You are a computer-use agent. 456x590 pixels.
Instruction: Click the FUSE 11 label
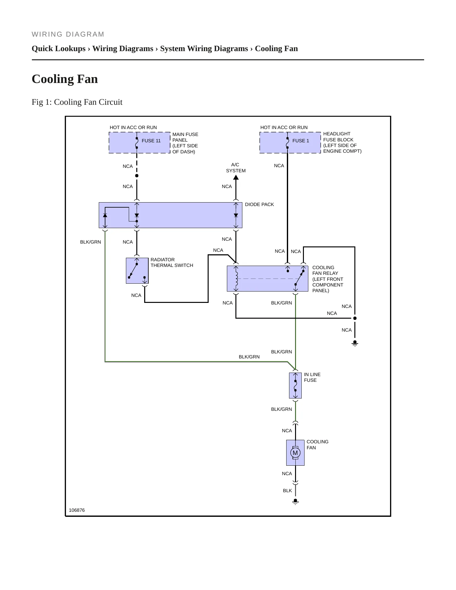coord(151,141)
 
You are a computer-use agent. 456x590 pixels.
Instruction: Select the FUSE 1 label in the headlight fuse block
coord(301,141)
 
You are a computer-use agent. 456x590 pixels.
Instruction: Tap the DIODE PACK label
coord(259,204)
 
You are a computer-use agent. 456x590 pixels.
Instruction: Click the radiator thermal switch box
coord(137,271)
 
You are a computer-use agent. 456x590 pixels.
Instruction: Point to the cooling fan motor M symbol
coord(295,453)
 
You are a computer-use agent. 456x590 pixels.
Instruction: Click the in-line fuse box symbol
coord(295,386)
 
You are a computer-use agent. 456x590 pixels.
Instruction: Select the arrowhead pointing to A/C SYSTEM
coord(236,177)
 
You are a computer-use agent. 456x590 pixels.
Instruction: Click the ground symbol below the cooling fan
coord(295,502)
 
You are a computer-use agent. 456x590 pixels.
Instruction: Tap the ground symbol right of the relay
coord(355,343)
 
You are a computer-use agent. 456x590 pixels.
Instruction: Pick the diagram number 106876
coord(77,510)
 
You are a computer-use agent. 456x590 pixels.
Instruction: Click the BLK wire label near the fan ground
coord(287,491)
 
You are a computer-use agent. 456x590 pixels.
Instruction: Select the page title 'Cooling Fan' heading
coord(65,79)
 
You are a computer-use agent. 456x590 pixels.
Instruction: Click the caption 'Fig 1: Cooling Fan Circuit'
coord(77,102)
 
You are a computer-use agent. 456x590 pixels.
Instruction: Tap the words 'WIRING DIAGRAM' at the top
coord(68,34)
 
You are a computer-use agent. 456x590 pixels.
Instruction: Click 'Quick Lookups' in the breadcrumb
coord(59,49)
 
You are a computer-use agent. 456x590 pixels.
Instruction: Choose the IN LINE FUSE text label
coord(312,377)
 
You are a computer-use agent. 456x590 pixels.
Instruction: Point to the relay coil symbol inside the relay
coord(236,279)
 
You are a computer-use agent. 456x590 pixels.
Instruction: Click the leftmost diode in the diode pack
coord(105,215)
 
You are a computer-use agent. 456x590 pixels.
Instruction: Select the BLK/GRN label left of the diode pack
coord(91,242)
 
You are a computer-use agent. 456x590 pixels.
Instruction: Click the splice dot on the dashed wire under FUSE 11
coord(137,176)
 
